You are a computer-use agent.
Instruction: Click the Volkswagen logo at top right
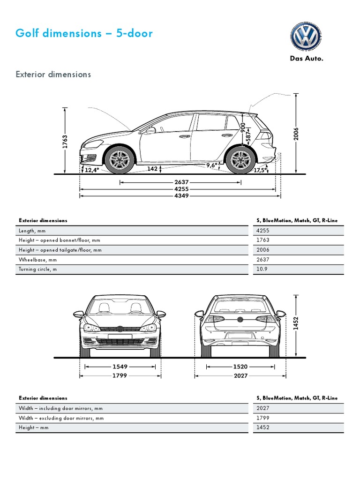(x=306, y=36)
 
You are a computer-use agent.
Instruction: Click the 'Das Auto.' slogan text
(x=306, y=59)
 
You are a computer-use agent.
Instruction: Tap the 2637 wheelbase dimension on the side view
(x=181, y=182)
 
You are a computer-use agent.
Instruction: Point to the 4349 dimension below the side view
(x=181, y=195)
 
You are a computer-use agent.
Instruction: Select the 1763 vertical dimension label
(x=66, y=142)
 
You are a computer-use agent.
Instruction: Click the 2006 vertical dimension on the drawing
(x=296, y=135)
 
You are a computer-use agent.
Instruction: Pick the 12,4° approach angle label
(x=92, y=170)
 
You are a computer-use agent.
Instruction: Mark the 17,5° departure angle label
(x=261, y=170)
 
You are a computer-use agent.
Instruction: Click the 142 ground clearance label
(x=152, y=169)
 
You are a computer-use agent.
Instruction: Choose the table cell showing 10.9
(x=262, y=270)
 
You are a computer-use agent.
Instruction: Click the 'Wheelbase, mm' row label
(x=37, y=260)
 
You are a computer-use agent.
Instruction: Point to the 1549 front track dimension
(x=120, y=367)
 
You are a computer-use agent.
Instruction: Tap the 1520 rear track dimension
(x=241, y=367)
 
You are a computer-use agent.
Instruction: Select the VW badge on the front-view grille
(x=120, y=329)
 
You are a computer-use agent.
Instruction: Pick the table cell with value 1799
(x=263, y=418)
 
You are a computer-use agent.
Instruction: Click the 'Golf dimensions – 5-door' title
(x=84, y=34)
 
